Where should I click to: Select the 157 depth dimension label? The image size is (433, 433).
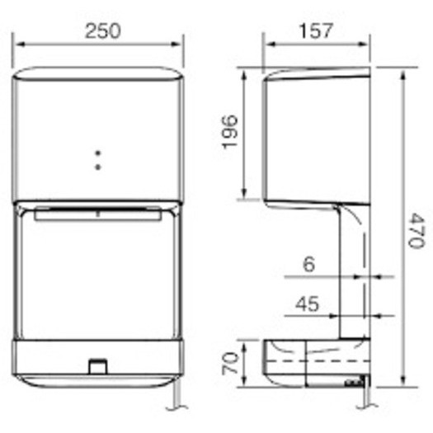click(x=316, y=31)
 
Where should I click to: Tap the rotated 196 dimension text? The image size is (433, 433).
click(x=230, y=133)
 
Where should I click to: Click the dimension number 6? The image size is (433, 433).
click(x=307, y=264)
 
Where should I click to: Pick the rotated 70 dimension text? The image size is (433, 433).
click(x=230, y=364)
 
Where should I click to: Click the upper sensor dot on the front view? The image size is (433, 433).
click(x=97, y=153)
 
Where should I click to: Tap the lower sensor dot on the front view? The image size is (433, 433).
click(x=97, y=166)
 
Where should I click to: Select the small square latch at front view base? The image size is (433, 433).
click(x=97, y=364)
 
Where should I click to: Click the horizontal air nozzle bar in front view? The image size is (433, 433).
click(x=97, y=214)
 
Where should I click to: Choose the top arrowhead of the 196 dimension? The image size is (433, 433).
click(x=246, y=75)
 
